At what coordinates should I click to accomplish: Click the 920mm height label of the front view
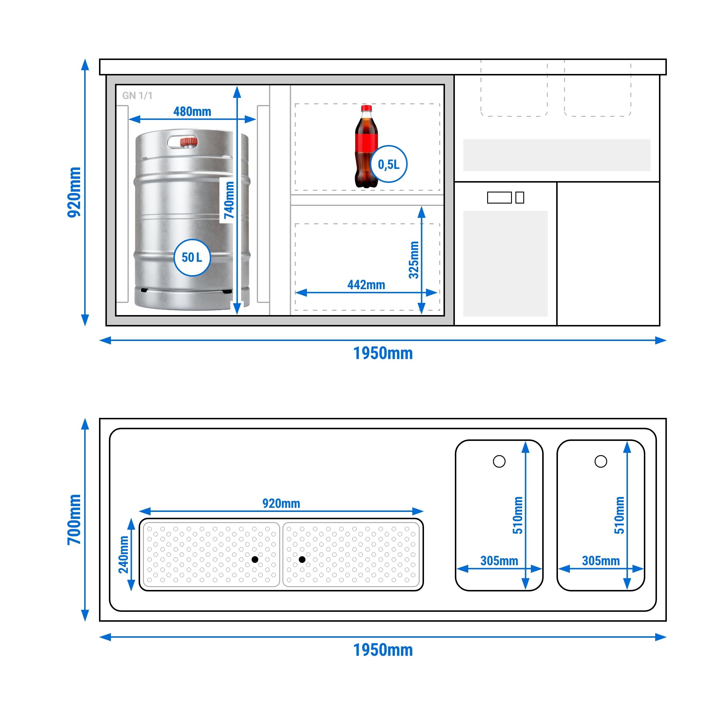click(74, 192)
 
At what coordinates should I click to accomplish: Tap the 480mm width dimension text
click(192, 112)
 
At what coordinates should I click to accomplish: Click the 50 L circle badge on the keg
click(192, 258)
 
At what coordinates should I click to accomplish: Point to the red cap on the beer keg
click(189, 142)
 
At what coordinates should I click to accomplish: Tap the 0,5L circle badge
click(389, 164)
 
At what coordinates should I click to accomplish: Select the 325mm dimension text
click(414, 260)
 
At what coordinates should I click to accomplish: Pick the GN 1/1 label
click(137, 96)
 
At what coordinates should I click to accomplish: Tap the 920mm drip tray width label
click(281, 503)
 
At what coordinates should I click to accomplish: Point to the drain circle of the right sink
click(601, 461)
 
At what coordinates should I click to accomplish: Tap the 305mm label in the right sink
click(601, 561)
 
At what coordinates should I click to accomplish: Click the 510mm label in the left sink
click(518, 515)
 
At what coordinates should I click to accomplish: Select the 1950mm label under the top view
click(383, 650)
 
